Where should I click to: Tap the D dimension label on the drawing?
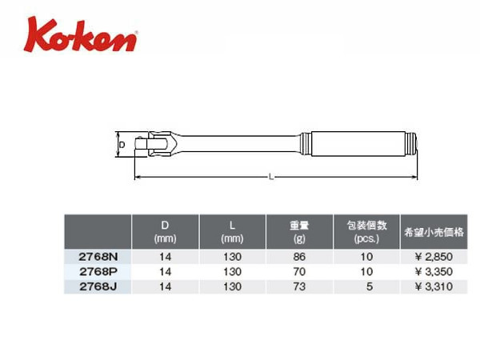pos(122,145)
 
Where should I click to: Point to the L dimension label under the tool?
pos(271,177)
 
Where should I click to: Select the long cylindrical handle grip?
pos(361,144)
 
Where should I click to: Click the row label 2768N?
pos(98,257)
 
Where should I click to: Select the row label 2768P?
pos(98,271)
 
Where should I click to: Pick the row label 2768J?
pos(98,286)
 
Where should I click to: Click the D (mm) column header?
pos(165,232)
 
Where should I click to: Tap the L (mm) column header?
pos(232,232)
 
